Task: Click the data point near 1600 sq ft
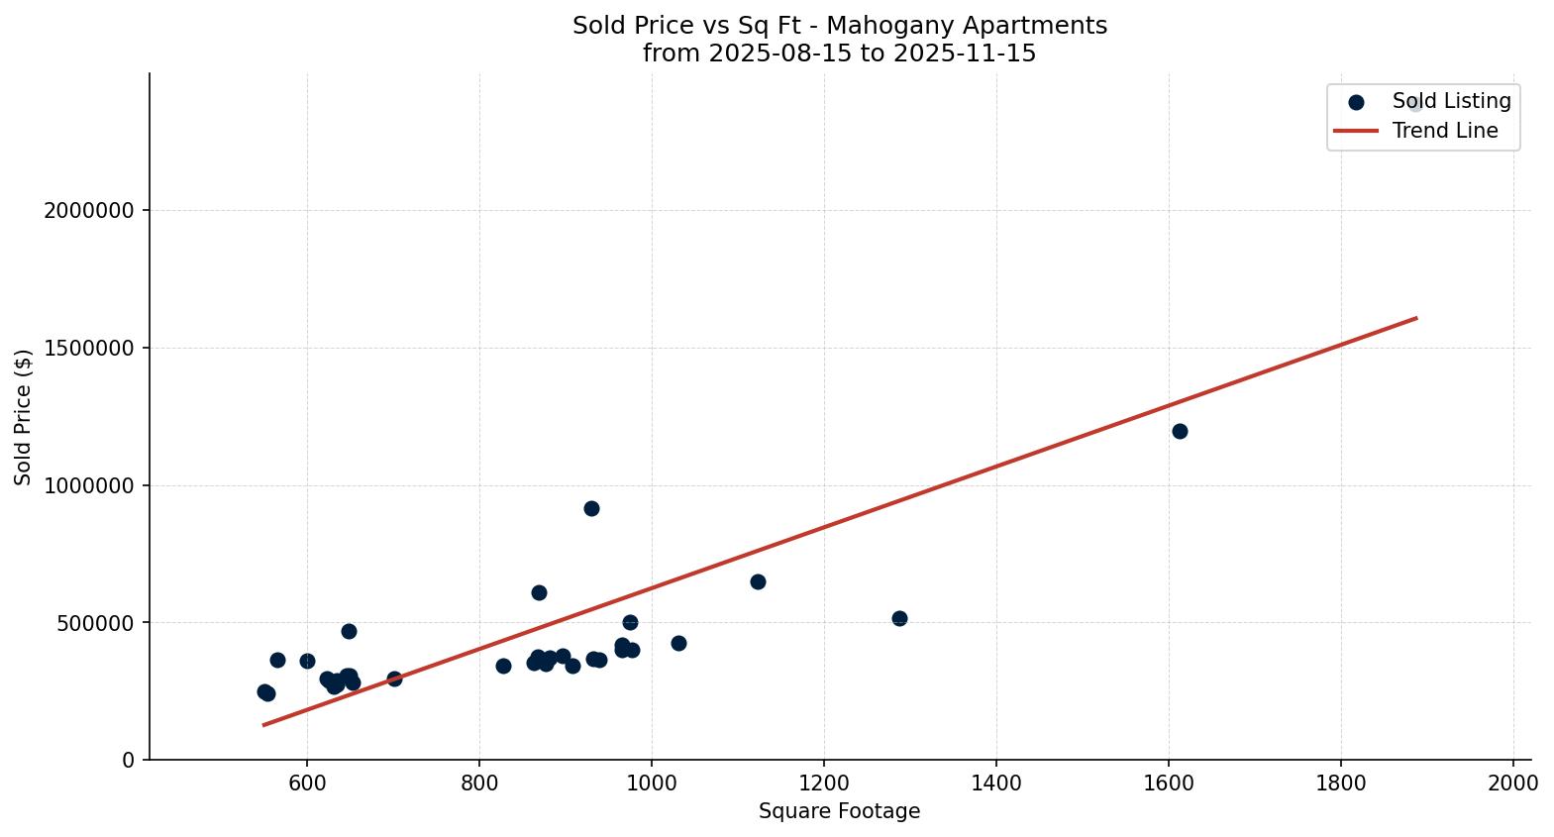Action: [1180, 431]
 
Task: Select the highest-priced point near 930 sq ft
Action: [591, 508]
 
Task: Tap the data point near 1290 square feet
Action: [899, 618]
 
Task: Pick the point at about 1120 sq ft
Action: [758, 581]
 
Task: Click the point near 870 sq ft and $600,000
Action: [539, 592]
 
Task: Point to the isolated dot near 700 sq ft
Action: [394, 679]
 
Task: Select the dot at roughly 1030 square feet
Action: [678, 643]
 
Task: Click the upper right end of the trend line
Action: [1416, 318]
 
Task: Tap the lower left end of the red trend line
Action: [263, 725]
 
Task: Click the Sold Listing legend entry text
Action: [1451, 101]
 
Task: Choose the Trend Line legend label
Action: [1444, 131]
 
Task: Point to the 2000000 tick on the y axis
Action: [91, 211]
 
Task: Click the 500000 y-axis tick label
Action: [96, 623]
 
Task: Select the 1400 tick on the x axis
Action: [996, 783]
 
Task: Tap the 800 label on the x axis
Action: [479, 783]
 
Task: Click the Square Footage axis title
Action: [839, 812]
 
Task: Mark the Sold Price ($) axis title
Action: [24, 417]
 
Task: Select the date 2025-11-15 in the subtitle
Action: [964, 53]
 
